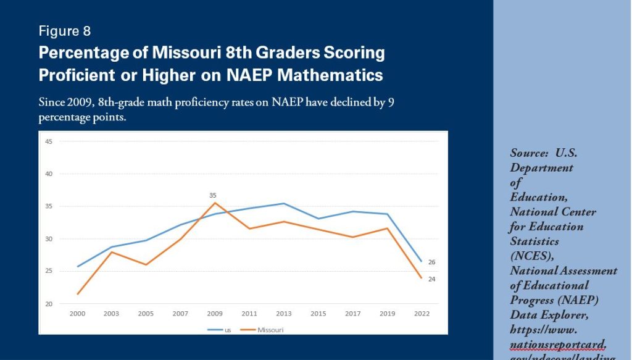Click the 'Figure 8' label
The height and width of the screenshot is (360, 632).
coord(65,31)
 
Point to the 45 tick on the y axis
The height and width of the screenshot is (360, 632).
coord(48,141)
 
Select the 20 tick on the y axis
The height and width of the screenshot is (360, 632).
coord(48,304)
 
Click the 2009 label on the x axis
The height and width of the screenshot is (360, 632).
coord(214,314)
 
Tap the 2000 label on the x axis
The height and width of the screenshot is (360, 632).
coord(77,314)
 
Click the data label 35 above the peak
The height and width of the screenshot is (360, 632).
coord(213,195)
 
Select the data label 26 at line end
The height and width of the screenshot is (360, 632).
coord(432,262)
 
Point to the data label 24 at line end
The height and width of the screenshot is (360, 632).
coord(432,279)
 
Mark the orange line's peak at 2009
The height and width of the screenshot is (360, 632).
coord(214,203)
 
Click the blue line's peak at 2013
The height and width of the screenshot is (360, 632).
coord(283,203)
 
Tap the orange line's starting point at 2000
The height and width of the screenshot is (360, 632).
coord(77,294)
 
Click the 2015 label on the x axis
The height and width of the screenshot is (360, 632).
coord(318,314)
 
